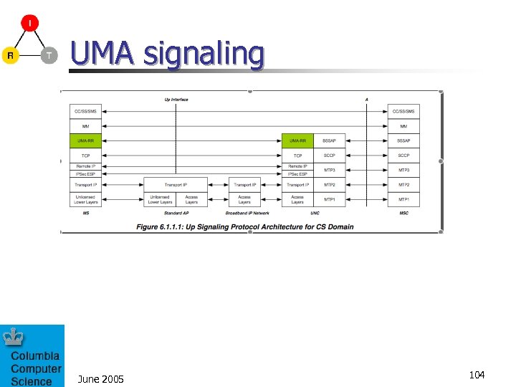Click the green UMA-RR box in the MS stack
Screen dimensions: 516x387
point(86,141)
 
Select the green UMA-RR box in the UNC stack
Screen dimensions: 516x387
point(297,141)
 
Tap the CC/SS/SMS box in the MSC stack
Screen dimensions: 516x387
point(404,112)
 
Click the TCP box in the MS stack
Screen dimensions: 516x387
point(86,156)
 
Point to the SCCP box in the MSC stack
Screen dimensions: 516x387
point(404,156)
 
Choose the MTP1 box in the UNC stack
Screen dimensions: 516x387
point(330,199)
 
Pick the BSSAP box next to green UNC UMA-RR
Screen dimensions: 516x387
point(330,141)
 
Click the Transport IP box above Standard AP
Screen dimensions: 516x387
point(176,185)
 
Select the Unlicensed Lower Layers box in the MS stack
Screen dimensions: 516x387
point(86,199)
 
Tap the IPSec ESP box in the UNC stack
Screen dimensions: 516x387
point(297,174)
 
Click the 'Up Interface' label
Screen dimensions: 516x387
point(176,100)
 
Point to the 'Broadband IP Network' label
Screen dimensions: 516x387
point(247,213)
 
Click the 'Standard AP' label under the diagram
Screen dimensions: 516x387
point(176,213)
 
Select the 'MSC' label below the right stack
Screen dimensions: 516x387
point(404,213)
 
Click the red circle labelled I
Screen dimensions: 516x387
point(29,24)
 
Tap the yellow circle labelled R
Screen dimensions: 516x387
point(10,55)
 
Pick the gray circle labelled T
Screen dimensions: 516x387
point(48,55)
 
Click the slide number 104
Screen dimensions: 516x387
point(477,375)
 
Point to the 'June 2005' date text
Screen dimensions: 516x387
point(100,378)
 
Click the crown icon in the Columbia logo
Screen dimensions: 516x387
point(13,336)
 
